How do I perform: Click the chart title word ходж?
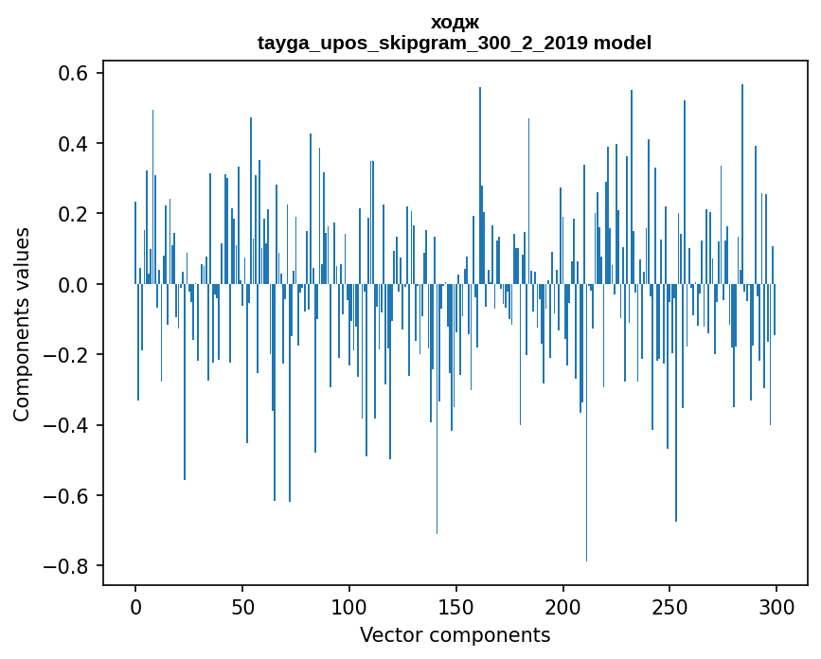pos(454,23)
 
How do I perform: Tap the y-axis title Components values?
pos(22,324)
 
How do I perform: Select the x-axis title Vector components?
pos(455,634)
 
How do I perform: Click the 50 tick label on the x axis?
pos(242,607)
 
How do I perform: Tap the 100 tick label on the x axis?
pos(349,607)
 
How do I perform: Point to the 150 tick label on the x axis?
pos(456,607)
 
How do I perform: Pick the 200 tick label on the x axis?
pos(563,607)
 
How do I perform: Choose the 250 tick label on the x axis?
pos(670,607)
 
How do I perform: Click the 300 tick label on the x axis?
pos(777,607)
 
